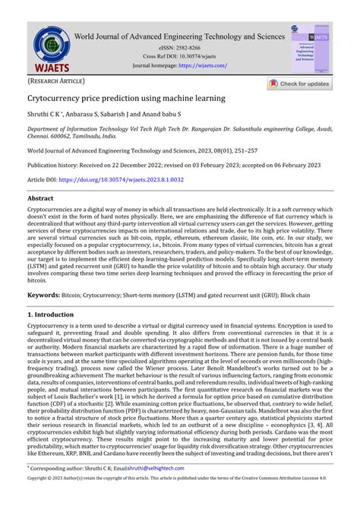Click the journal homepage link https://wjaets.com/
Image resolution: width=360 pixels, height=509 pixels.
(204, 65)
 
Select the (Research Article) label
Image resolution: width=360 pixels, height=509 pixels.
(56, 81)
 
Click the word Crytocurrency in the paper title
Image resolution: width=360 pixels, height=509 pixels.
(58, 99)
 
